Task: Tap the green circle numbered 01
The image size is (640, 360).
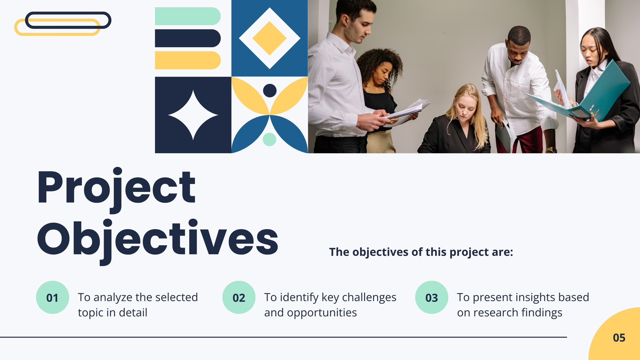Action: pyautogui.click(x=52, y=298)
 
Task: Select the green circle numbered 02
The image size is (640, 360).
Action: pyautogui.click(x=239, y=298)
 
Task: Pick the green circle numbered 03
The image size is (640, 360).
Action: pyautogui.click(x=432, y=298)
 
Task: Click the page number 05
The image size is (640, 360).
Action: pyautogui.click(x=619, y=338)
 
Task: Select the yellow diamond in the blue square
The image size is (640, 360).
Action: pyautogui.click(x=270, y=38)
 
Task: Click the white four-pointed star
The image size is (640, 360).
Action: pyautogui.click(x=193, y=115)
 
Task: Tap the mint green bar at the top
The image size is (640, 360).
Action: pyautogui.click(x=188, y=16)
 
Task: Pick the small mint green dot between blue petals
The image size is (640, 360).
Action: pyautogui.click(x=270, y=140)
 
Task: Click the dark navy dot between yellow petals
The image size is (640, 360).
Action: pyautogui.click(x=270, y=90)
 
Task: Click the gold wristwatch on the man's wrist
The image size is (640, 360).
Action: pyautogui.click(x=551, y=150)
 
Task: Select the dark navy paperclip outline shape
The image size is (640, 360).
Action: pyautogui.click(x=68, y=20)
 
